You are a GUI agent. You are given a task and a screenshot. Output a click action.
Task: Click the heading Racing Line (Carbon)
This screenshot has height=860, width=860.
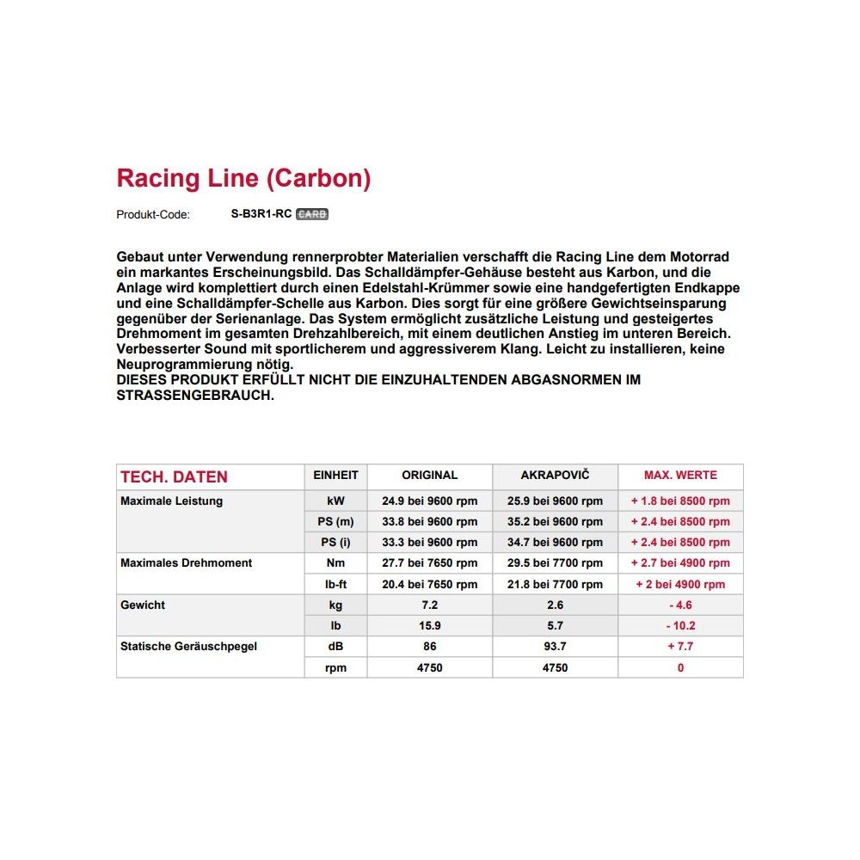[x=243, y=179]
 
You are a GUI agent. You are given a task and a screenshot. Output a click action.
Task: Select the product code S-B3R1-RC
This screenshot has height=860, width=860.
[x=261, y=214]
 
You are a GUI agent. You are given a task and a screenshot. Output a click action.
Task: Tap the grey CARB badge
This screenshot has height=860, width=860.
[x=312, y=214]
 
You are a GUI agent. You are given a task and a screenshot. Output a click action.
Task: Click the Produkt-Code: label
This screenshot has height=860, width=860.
[x=153, y=215]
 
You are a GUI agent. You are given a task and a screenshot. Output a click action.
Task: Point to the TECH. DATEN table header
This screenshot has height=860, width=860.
[x=174, y=477]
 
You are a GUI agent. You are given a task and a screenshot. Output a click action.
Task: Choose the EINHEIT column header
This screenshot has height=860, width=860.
[x=336, y=475]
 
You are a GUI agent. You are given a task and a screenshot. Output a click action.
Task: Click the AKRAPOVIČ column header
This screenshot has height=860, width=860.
[x=556, y=475]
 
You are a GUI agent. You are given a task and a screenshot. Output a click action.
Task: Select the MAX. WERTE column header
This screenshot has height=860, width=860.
[x=680, y=475]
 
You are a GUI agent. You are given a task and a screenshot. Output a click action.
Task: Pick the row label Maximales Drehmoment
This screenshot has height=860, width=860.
[x=187, y=563]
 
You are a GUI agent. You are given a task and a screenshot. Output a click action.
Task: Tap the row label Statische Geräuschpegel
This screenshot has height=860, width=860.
[x=189, y=646]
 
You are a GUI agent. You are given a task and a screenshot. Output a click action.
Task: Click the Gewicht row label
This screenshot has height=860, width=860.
[x=143, y=605]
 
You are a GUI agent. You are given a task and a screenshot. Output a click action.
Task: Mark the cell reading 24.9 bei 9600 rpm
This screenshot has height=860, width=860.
[x=429, y=501]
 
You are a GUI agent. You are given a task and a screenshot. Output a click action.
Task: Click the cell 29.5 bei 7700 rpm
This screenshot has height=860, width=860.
[x=556, y=563]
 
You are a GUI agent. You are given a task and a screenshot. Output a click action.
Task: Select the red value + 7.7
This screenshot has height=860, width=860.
[x=680, y=646]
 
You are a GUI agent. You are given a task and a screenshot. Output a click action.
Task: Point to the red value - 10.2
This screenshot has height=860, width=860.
[x=680, y=625]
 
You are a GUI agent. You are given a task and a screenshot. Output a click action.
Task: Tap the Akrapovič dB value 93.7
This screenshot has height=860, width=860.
[x=556, y=646]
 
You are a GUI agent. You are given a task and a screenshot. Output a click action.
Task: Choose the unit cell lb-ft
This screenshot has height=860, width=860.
[x=336, y=584]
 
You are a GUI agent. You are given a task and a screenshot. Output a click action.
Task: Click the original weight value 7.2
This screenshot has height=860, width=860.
[x=429, y=605]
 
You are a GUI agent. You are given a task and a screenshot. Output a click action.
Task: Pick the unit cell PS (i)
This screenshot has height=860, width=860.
[x=336, y=542]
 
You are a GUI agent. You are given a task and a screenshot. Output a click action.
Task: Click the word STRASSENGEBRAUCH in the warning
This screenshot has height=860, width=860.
[x=195, y=396]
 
